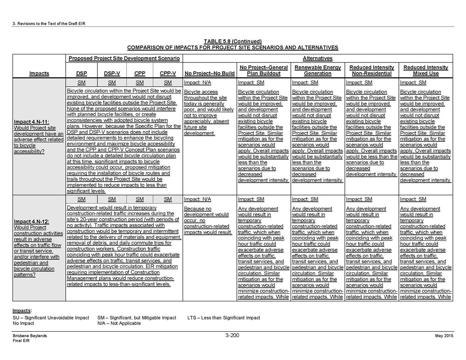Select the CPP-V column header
(x=168, y=74)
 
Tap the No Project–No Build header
(x=209, y=74)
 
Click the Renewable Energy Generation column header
(x=317, y=70)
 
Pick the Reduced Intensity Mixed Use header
(x=425, y=70)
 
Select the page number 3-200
(x=232, y=335)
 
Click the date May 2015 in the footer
(x=444, y=336)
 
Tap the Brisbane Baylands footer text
(x=30, y=336)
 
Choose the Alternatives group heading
(x=317, y=59)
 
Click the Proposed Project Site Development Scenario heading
(x=124, y=59)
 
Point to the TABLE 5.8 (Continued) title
(x=232, y=41)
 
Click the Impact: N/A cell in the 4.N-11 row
(x=195, y=82)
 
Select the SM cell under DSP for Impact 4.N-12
(x=82, y=199)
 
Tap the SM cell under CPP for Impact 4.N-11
(x=139, y=82)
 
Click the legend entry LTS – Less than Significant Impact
(x=224, y=318)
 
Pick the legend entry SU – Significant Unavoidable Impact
(x=51, y=318)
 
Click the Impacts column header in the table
(x=39, y=74)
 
